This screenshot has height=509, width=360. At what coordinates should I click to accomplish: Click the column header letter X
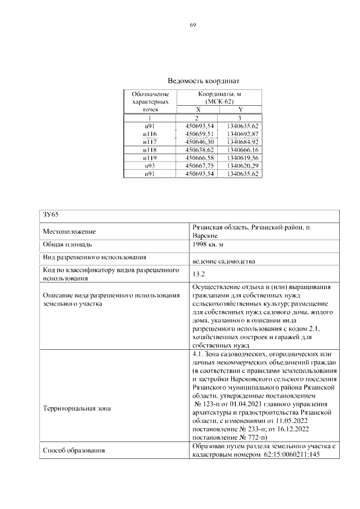pyautogui.click(x=198, y=109)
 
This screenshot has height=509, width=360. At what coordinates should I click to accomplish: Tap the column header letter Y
pyautogui.click(x=241, y=109)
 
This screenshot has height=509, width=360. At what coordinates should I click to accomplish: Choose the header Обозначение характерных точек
pyautogui.click(x=150, y=101)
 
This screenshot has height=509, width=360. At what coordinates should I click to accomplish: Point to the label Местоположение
pyautogui.click(x=69, y=231)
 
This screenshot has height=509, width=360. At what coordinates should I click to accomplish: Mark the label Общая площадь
pyautogui.click(x=65, y=245)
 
